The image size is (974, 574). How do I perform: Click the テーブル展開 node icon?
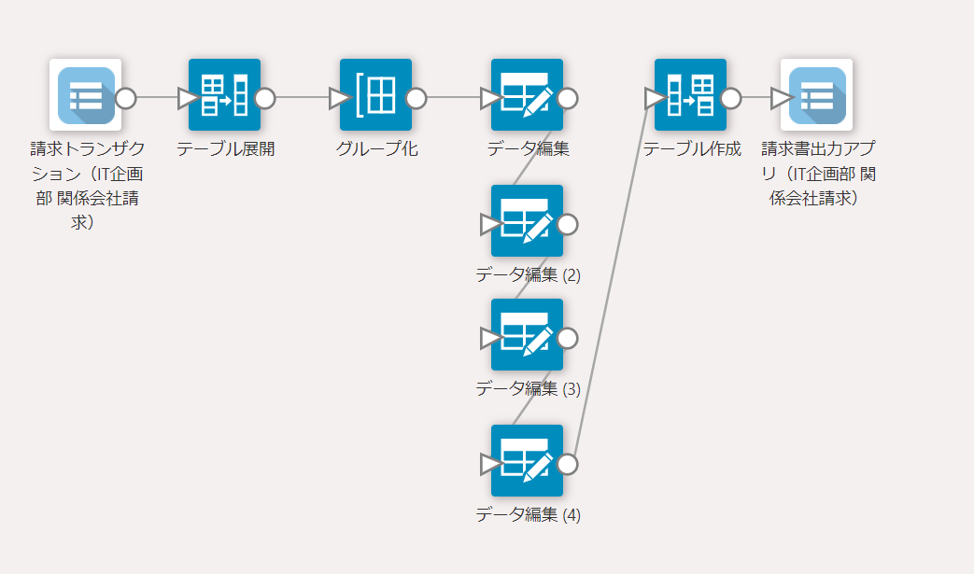[224, 94]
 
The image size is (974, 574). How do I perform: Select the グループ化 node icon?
[375, 94]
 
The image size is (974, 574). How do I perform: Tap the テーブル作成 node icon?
[690, 94]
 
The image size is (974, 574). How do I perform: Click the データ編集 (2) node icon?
[527, 220]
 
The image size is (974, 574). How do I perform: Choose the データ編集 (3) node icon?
[527, 334]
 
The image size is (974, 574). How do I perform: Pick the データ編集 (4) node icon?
[527, 460]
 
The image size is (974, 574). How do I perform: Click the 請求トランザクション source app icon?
[86, 94]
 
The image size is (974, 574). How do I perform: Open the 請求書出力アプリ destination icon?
[817, 94]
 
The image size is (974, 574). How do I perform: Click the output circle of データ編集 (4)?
[567, 464]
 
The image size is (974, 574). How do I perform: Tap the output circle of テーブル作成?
[731, 98]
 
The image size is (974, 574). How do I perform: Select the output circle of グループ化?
[416, 98]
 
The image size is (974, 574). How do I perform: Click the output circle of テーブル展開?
[265, 98]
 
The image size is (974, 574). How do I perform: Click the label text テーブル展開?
[226, 149]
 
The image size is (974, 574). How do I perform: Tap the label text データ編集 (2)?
[528, 274]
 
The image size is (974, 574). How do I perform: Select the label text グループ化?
[377, 149]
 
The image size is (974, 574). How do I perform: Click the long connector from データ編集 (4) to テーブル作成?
[607, 280]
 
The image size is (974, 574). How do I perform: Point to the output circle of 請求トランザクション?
[125, 98]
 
